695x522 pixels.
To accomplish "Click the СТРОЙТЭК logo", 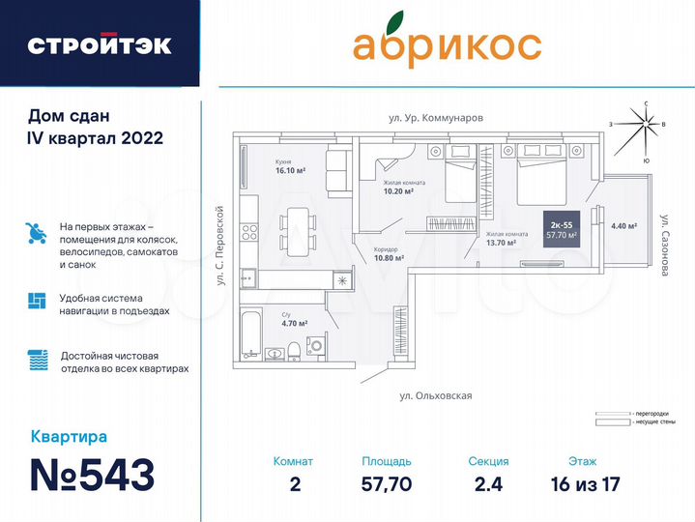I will [100, 44].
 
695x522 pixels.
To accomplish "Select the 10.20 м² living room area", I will [397, 191].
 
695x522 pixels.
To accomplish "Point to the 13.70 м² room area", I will [506, 243].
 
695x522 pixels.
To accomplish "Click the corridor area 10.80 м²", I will [388, 258].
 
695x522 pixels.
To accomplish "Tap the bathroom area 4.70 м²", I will [294, 324].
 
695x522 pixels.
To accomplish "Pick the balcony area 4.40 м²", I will [623, 226].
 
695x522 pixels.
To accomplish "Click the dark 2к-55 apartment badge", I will [561, 228].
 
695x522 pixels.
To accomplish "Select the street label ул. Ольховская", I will [435, 395].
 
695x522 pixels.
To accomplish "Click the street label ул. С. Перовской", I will [221, 246].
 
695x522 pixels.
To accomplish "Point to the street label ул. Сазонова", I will [665, 246].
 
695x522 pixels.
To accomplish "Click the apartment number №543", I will [92, 476].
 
